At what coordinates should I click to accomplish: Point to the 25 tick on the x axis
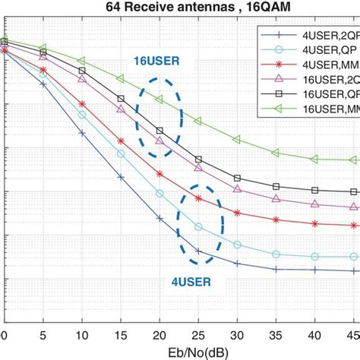(x=198, y=335)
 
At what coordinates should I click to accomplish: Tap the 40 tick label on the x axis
(x=315, y=335)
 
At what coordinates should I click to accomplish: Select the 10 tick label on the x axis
(x=82, y=335)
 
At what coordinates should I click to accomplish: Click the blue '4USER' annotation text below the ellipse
(x=186, y=280)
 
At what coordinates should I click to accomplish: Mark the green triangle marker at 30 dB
(x=237, y=140)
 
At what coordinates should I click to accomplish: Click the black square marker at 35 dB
(x=276, y=186)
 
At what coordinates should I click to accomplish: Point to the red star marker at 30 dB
(x=237, y=210)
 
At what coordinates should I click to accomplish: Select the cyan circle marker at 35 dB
(x=276, y=254)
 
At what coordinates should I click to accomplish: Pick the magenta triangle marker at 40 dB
(x=315, y=204)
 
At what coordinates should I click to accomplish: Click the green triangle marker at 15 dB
(x=121, y=78)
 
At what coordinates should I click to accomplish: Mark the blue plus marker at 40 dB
(x=315, y=270)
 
